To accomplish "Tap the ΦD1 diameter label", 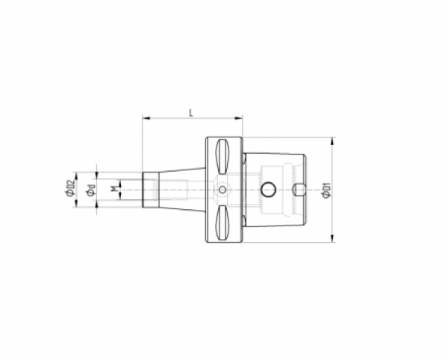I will tap(325, 190).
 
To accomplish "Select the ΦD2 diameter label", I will tap(69, 189).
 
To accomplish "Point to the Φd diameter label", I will tap(90, 190).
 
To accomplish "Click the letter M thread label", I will tap(113, 190).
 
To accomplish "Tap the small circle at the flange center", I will tap(223, 190).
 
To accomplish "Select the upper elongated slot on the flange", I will tap(223, 156).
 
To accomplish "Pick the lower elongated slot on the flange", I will tap(223, 223).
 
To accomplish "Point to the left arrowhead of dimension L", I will tap(144, 117).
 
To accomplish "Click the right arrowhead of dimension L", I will tap(240, 117).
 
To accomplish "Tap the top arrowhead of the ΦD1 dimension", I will tap(332, 140).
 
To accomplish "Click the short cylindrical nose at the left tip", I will tap(149, 190).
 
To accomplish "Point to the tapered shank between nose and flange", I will tap(179, 190).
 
